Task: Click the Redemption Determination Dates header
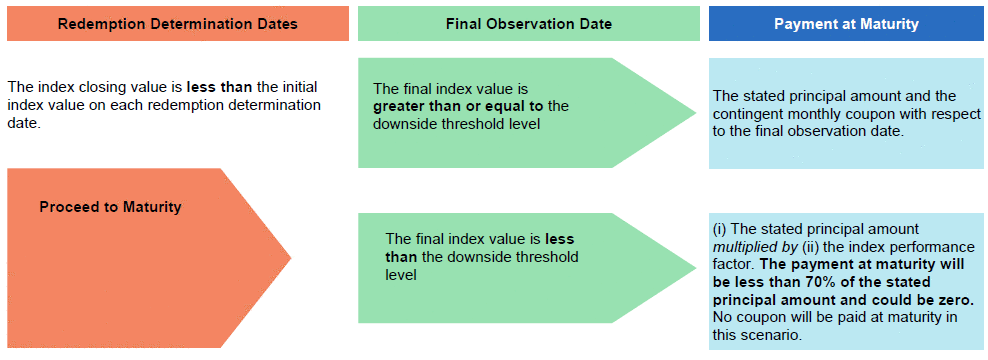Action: tap(178, 24)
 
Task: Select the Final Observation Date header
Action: tap(529, 24)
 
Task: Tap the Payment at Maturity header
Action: tap(846, 24)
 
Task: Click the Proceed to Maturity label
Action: tap(110, 207)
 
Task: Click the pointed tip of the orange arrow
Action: tap(291, 257)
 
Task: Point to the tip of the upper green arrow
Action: tap(696, 113)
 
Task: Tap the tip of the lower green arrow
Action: tap(696, 267)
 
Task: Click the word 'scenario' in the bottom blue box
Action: tap(776, 335)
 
